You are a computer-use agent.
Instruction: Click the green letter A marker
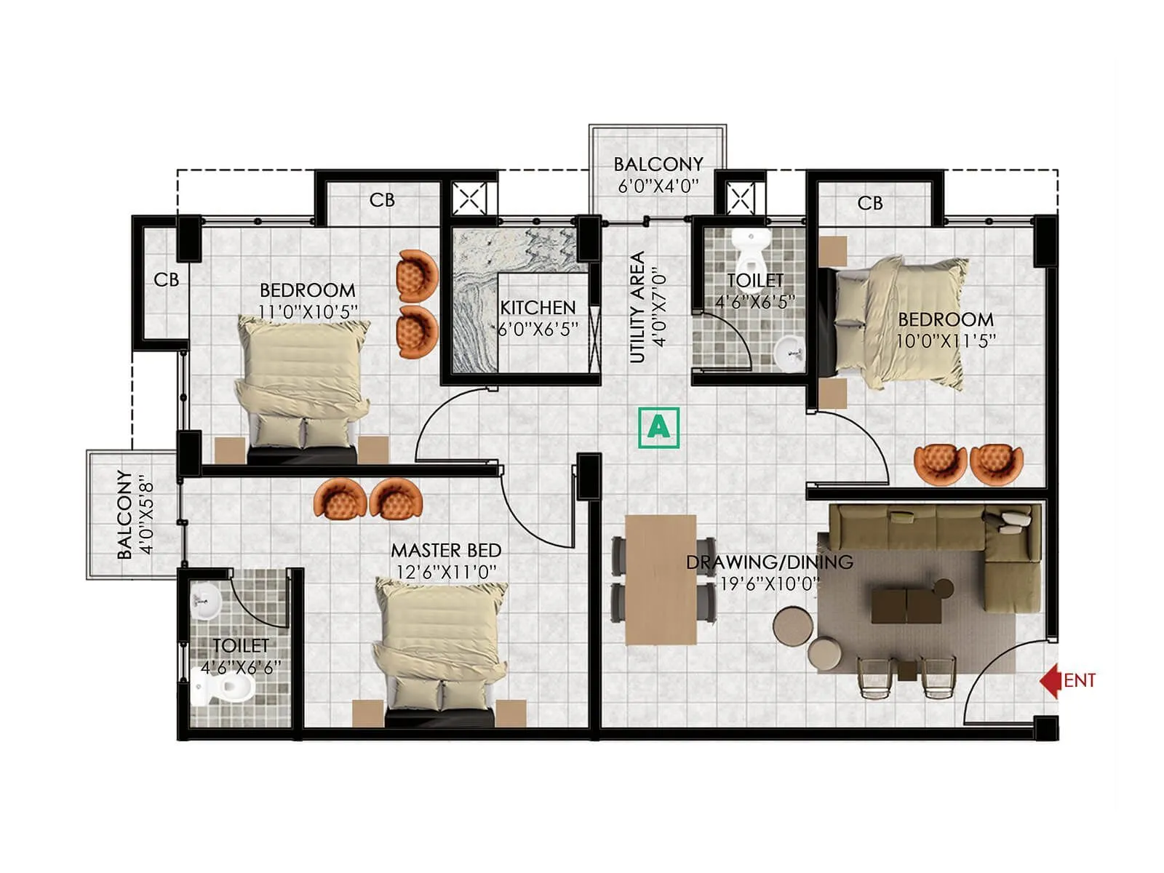[x=658, y=427]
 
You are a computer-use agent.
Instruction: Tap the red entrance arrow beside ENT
[x=1049, y=681]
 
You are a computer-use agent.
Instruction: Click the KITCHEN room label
[x=538, y=308]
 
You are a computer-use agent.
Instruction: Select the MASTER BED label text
[x=446, y=551]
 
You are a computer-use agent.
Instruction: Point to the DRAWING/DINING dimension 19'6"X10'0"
[x=770, y=583]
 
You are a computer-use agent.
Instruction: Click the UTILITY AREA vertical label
[x=637, y=307]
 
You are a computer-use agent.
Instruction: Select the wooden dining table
[x=661, y=580]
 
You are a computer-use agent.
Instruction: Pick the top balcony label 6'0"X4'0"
[x=658, y=186]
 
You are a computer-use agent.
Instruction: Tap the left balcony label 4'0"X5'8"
[x=148, y=514]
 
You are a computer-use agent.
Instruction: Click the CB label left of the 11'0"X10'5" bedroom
[x=166, y=280]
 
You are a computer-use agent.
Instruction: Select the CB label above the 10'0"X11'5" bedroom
[x=870, y=203]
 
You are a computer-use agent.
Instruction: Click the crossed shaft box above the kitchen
[x=469, y=198]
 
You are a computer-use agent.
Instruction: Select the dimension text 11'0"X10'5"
[x=308, y=311]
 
